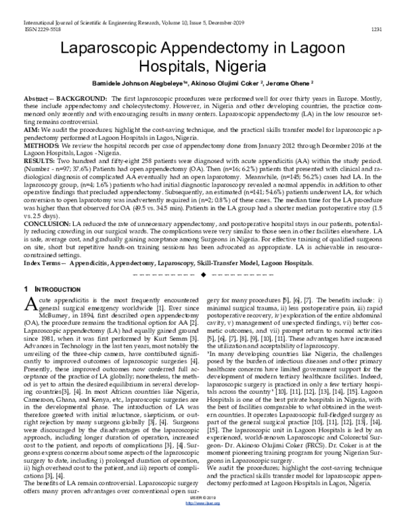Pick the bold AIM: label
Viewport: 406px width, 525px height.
click(x=32, y=127)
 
